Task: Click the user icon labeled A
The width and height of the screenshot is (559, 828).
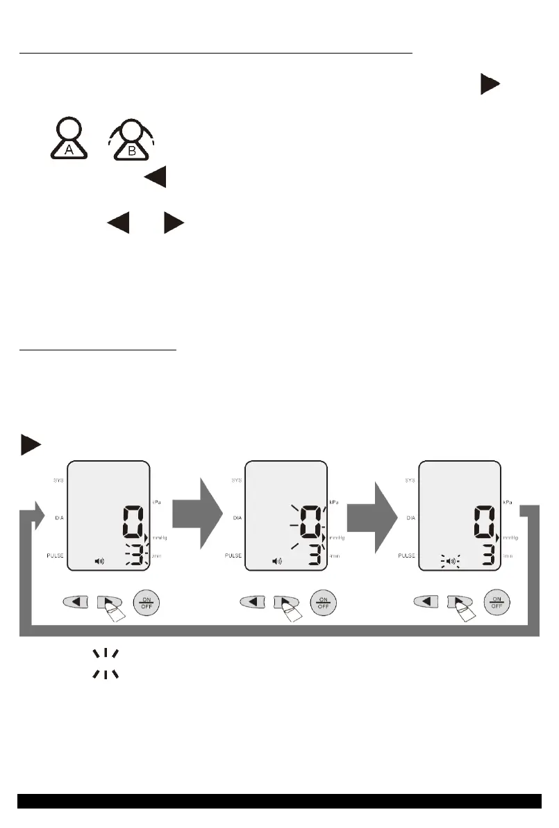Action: (68, 141)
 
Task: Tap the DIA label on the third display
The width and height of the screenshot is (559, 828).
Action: (410, 518)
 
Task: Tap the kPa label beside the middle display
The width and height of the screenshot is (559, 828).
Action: (334, 481)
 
